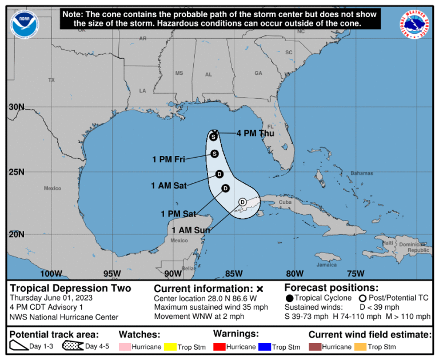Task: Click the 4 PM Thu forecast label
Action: [255, 133]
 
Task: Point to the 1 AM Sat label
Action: [169, 186]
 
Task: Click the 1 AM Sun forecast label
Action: [191, 230]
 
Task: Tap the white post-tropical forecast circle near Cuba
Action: [242, 202]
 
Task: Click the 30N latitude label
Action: [17, 107]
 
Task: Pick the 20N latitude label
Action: [17, 234]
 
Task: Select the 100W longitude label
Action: [51, 273]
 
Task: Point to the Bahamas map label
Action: [362, 173]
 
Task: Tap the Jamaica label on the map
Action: [328, 265]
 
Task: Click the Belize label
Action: [189, 268]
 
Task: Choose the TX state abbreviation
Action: [51, 80]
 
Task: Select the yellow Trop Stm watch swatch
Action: [170, 347]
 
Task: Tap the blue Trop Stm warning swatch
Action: [264, 347]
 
